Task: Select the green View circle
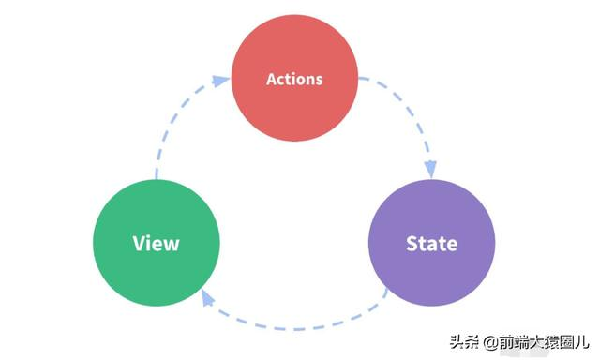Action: pos(157,243)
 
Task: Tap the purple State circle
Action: pos(432,243)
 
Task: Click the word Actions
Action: pos(294,79)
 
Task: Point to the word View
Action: pos(157,244)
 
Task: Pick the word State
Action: pos(432,244)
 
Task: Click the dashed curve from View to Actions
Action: pos(169,131)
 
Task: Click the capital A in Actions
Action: pos(272,79)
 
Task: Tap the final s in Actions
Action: pos(319,80)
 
